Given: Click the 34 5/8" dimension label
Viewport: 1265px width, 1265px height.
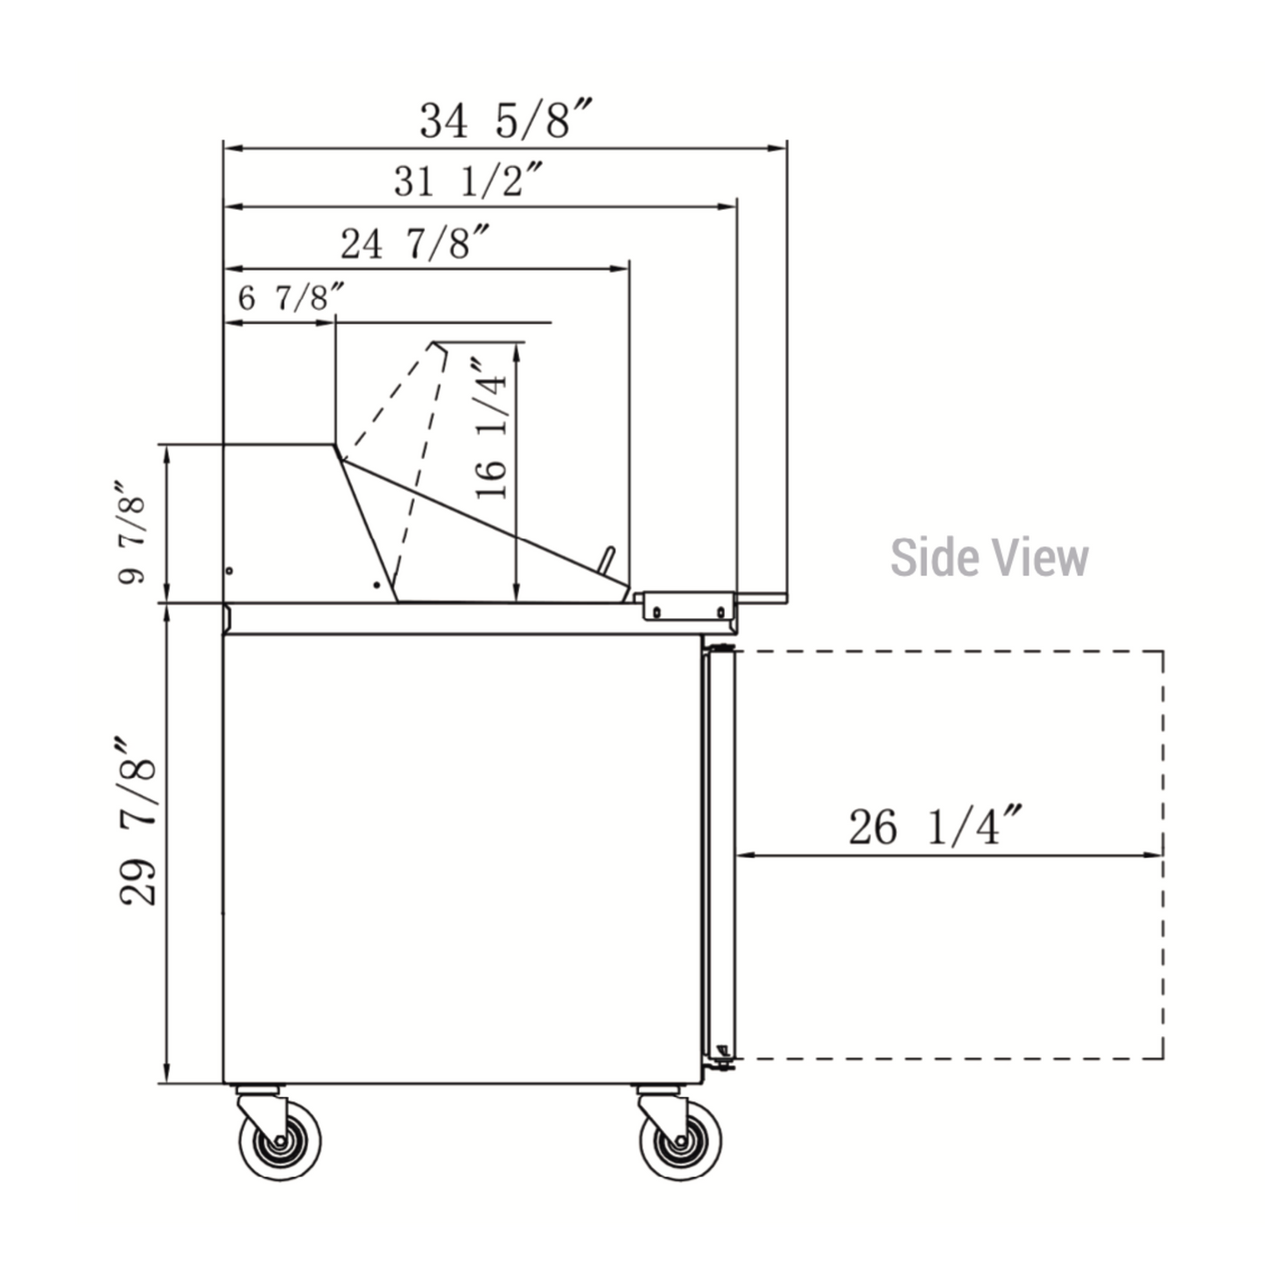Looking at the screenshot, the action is pos(506,119).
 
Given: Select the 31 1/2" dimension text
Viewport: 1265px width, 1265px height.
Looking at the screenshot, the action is pos(468,180).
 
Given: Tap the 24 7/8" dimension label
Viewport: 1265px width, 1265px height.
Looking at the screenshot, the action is pos(415,242).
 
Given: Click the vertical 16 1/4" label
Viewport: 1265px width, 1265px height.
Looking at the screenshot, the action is pos(491,428).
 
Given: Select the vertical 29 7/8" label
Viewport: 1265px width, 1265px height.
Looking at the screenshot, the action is pos(137,822).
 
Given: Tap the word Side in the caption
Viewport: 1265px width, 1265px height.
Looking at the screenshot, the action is pos(937,558).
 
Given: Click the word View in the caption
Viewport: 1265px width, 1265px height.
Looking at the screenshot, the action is pos(1040,558).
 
